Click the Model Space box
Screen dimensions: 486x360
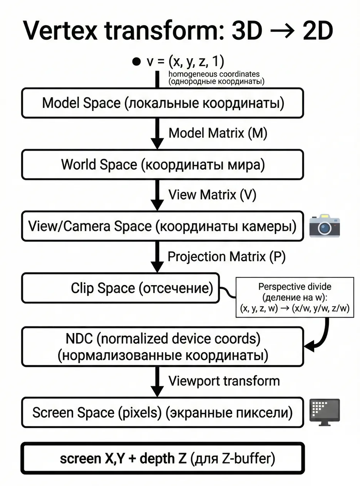[162, 103]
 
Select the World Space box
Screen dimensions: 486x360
[162, 165]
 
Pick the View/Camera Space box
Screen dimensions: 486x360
[162, 226]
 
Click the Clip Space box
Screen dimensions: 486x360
[120, 288]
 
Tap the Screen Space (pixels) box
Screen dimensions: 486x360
[162, 413]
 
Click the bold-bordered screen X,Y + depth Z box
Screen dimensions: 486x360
[162, 459]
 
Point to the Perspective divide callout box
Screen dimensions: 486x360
[295, 298]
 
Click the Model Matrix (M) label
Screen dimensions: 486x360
[218, 133]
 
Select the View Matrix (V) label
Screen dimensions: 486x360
[212, 195]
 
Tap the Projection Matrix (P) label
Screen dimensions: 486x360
[226, 257]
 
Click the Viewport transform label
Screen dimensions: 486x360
[224, 381]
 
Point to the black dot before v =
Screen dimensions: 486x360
[136, 62]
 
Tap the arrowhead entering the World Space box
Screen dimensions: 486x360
[157, 144]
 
